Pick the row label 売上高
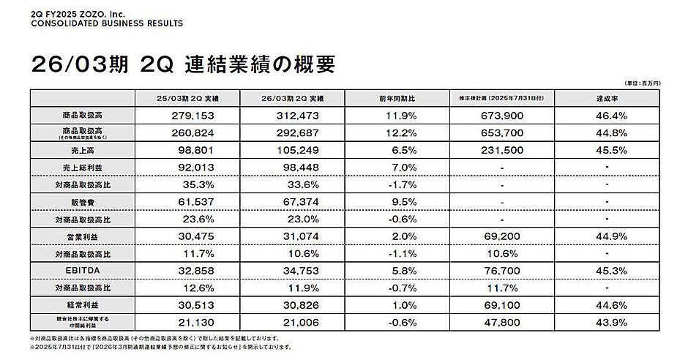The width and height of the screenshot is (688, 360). click(82, 149)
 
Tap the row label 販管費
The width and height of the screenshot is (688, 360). click(82, 200)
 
